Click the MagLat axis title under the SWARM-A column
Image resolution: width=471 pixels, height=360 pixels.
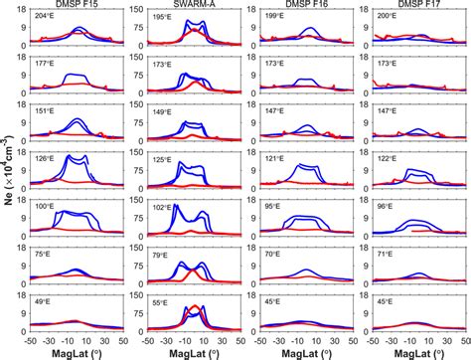pyautogui.click(x=192, y=352)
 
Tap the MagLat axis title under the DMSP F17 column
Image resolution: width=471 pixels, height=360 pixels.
pyautogui.click(x=411, y=352)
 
